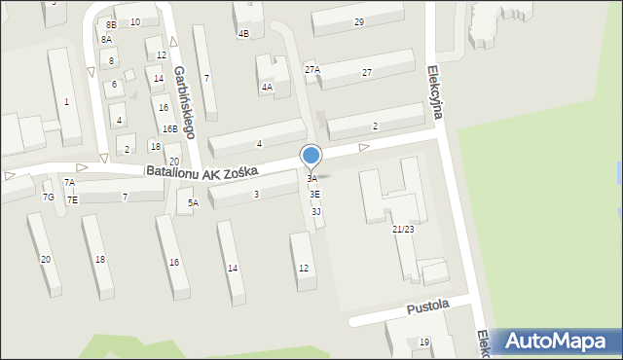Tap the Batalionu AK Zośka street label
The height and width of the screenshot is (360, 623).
[202, 171]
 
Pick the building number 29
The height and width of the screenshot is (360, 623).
[359, 21]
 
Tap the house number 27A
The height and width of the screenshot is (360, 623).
[311, 69]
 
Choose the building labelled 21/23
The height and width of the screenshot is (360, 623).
[403, 229]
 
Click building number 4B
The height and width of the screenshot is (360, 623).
[243, 33]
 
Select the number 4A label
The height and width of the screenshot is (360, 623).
[266, 88]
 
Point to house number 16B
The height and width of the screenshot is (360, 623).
[169, 128]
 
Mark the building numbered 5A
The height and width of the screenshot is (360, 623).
[193, 202]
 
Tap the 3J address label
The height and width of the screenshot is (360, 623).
[316, 211]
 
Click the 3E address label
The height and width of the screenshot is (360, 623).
[315, 195]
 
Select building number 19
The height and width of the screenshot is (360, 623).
[424, 342]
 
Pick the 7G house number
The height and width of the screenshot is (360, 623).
[48, 198]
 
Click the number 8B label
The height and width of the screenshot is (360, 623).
[111, 23]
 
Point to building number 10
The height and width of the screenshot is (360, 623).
[134, 21]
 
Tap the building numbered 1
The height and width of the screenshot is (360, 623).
[66, 101]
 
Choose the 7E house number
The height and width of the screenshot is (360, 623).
[72, 199]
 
